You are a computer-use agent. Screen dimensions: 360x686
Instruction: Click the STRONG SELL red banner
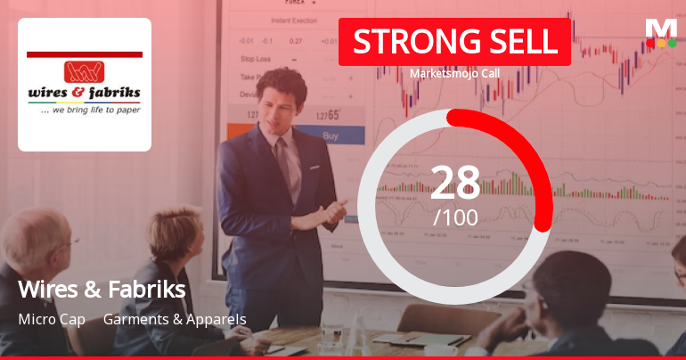click(x=453, y=42)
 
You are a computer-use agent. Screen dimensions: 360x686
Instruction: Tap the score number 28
click(x=455, y=183)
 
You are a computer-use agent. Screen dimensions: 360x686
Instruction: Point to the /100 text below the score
click(x=455, y=217)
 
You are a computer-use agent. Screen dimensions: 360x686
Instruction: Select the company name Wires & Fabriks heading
click(x=102, y=289)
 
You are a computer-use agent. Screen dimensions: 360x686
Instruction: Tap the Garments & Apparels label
click(x=175, y=319)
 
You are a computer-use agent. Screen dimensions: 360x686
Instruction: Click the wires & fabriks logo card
click(x=85, y=85)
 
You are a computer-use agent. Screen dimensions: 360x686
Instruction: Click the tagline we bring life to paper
click(x=85, y=113)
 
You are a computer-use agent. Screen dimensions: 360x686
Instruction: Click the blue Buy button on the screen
click(x=330, y=136)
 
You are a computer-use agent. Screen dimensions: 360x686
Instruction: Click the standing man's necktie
click(x=283, y=165)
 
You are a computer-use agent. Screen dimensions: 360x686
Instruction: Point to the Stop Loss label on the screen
click(x=256, y=59)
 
